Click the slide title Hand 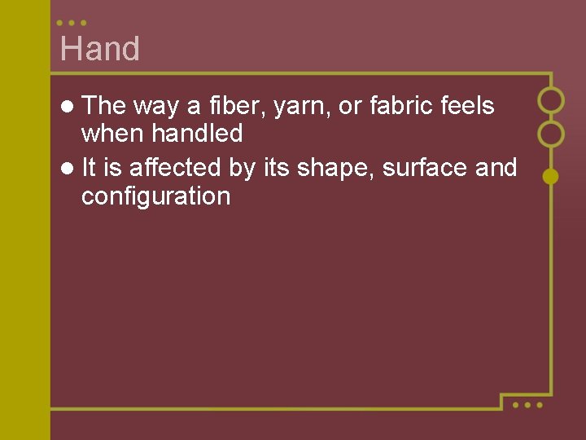(100, 49)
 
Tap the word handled (197, 134)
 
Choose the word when (113, 134)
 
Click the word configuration (155, 197)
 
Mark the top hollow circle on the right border (551, 100)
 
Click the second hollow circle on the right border (551, 134)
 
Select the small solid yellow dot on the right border (551, 176)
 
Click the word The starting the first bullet (103, 105)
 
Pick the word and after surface (496, 167)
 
